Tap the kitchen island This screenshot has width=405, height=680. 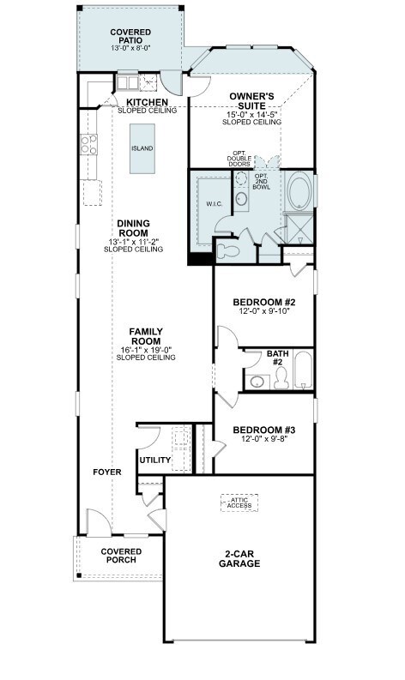click(142, 148)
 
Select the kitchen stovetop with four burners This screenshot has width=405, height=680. click(88, 144)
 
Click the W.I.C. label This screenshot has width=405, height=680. click(214, 203)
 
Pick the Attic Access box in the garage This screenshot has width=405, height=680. click(239, 502)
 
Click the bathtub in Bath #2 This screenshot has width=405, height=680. click(303, 370)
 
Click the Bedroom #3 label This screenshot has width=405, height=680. click(264, 430)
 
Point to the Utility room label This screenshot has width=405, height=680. click(155, 460)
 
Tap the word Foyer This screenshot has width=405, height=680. click(106, 472)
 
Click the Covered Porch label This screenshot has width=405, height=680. click(121, 556)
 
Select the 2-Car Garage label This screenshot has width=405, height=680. click(239, 558)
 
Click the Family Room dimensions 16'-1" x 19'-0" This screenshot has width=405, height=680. click(146, 350)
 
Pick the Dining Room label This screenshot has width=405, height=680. click(133, 228)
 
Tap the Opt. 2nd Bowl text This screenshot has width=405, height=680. click(262, 181)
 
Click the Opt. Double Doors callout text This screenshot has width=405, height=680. click(239, 159)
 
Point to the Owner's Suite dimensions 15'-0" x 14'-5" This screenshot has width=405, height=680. click(251, 115)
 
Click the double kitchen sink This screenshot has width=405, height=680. click(126, 82)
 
